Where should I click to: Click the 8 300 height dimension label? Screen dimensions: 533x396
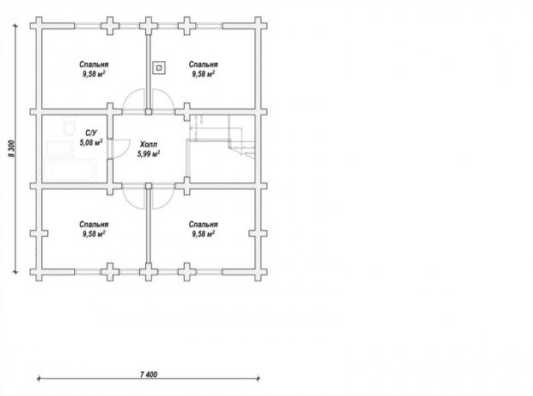coord(12,148)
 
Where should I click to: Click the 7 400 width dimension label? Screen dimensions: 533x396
coord(149,374)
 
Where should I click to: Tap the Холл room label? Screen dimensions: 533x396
coord(149,145)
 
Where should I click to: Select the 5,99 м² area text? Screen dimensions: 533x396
coord(149,154)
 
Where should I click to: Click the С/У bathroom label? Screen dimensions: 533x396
coord(91,133)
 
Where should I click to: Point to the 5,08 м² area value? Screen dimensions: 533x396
coord(91,142)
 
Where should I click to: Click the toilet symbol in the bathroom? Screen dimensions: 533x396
coord(70,126)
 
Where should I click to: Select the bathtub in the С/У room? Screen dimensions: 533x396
coord(70,171)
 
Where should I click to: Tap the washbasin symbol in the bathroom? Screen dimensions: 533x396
coord(60,148)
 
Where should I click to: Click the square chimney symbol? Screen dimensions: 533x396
coord(159,68)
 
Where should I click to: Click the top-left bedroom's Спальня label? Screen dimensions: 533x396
coord(94,65)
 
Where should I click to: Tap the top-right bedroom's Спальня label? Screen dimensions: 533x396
coord(203,65)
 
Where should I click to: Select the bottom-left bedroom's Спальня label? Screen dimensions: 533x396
coord(94,225)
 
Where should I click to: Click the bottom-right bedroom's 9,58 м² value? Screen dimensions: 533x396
coord(203,234)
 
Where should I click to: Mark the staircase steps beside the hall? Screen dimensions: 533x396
coord(222,135)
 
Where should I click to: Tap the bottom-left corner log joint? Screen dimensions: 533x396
coord(39,272)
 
